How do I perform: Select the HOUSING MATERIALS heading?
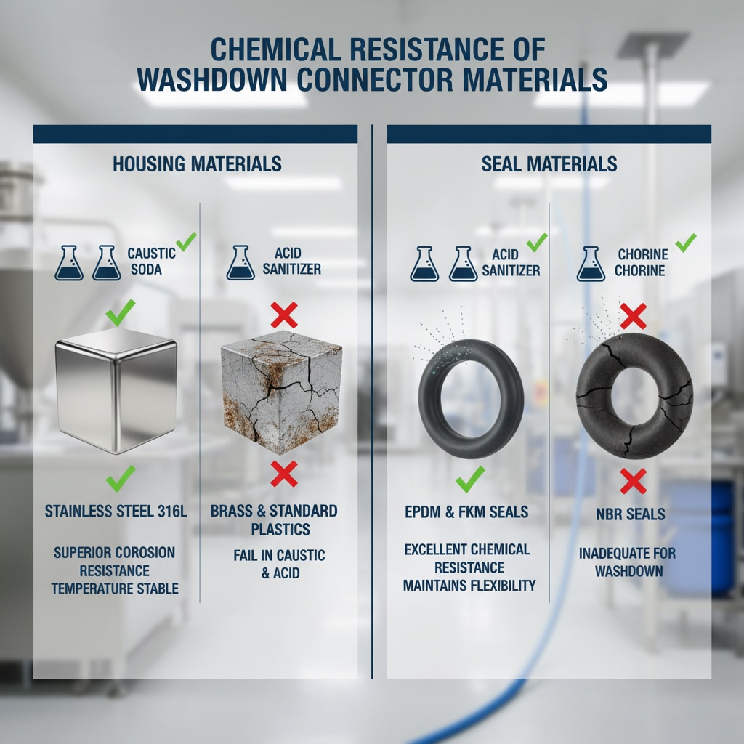point(197,164)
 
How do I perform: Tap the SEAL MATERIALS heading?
point(549,164)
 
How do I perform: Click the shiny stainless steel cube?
point(116,390)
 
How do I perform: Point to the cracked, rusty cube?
point(281,392)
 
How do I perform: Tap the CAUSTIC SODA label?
point(151,262)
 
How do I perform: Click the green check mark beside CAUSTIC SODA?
point(186,241)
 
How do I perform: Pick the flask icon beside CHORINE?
point(591,264)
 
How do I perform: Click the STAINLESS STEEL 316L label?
point(116,511)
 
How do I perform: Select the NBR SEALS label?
point(630,514)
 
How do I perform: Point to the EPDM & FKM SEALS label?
point(466,512)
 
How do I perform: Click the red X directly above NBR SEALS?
point(633,481)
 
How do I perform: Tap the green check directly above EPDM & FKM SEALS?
point(470,480)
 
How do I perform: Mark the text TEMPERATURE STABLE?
point(115,589)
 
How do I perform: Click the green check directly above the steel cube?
point(120,312)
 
